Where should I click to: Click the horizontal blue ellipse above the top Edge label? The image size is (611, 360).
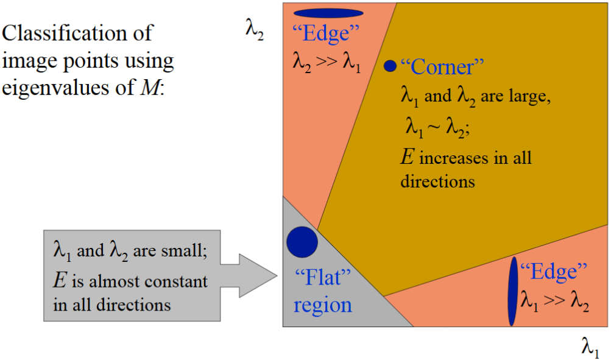[328, 13]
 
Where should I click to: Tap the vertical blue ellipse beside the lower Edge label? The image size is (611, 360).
[513, 291]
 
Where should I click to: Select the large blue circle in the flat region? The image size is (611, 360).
[302, 242]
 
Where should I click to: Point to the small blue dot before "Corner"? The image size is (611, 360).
[390, 66]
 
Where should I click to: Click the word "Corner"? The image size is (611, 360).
[442, 66]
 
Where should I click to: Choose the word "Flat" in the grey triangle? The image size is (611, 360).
[323, 277]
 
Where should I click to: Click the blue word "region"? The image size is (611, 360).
[323, 305]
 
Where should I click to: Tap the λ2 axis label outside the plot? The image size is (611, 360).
[255, 30]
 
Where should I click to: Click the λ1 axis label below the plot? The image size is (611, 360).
[590, 347]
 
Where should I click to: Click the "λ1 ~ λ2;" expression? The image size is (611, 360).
[437, 127]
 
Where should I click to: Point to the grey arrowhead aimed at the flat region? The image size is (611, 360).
[258, 276]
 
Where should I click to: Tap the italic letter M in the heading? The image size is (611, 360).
[150, 87]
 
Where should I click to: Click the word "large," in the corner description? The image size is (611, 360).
[530, 96]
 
